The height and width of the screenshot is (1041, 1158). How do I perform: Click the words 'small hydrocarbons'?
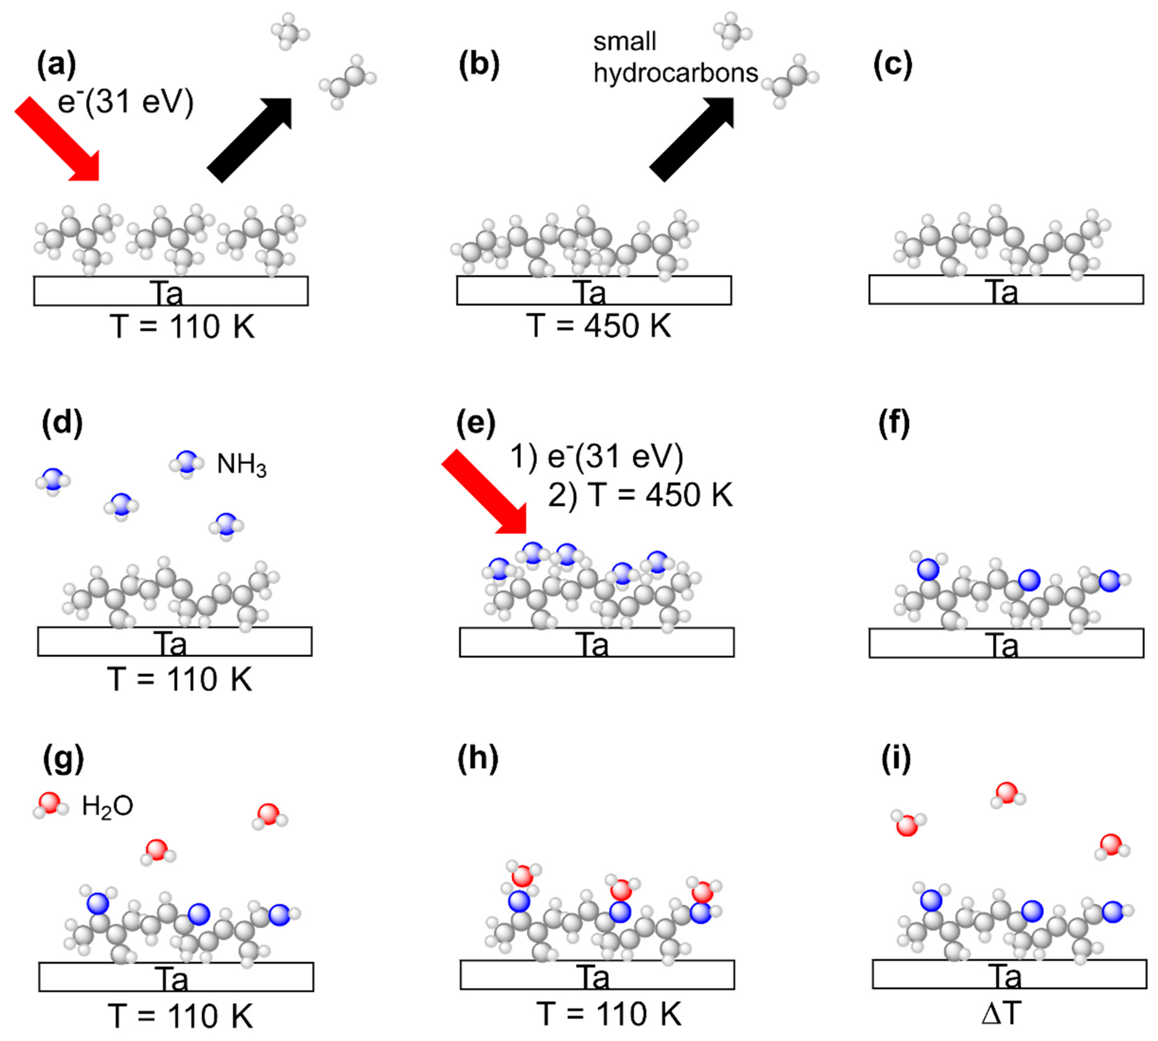click(x=675, y=57)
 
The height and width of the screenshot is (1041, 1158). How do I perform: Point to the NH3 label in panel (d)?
click(x=241, y=464)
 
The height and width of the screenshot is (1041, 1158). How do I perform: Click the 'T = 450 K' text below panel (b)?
click(x=599, y=327)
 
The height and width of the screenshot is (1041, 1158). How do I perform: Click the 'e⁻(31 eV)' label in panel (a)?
click(x=126, y=103)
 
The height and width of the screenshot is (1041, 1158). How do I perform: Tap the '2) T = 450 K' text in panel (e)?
click(x=640, y=495)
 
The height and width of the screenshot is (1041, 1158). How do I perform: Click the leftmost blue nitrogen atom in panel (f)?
click(x=928, y=570)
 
